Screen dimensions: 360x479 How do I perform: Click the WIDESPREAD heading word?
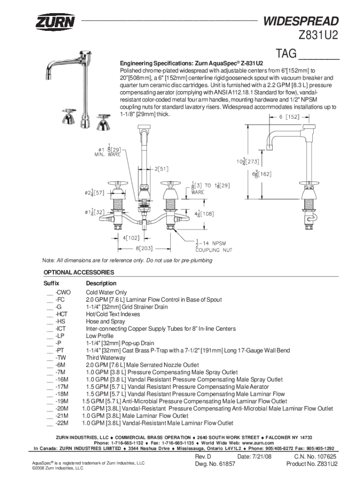(x=301, y=21)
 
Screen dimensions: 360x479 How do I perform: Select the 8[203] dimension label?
(x=144, y=248)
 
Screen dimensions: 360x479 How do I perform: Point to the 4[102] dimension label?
(x=131, y=238)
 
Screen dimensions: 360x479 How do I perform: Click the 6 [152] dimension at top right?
(x=289, y=116)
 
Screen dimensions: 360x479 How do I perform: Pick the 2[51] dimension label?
(x=161, y=169)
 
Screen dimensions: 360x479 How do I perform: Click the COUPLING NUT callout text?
(x=214, y=250)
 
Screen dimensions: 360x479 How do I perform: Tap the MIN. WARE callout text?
(x=108, y=154)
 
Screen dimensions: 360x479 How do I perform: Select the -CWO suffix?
(x=63, y=292)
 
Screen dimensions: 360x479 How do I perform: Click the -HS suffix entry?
(x=60, y=321)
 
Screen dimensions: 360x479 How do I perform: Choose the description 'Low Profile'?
(x=100, y=336)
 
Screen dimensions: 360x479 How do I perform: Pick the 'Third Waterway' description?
(x=106, y=357)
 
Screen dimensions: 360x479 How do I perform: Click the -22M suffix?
(x=62, y=423)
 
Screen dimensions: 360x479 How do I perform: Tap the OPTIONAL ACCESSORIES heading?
(x=79, y=272)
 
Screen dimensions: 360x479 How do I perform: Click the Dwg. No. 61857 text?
(x=215, y=464)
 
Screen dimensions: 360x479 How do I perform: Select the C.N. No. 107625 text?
(x=315, y=457)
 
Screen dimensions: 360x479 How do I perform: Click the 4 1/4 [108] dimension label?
(x=204, y=214)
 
